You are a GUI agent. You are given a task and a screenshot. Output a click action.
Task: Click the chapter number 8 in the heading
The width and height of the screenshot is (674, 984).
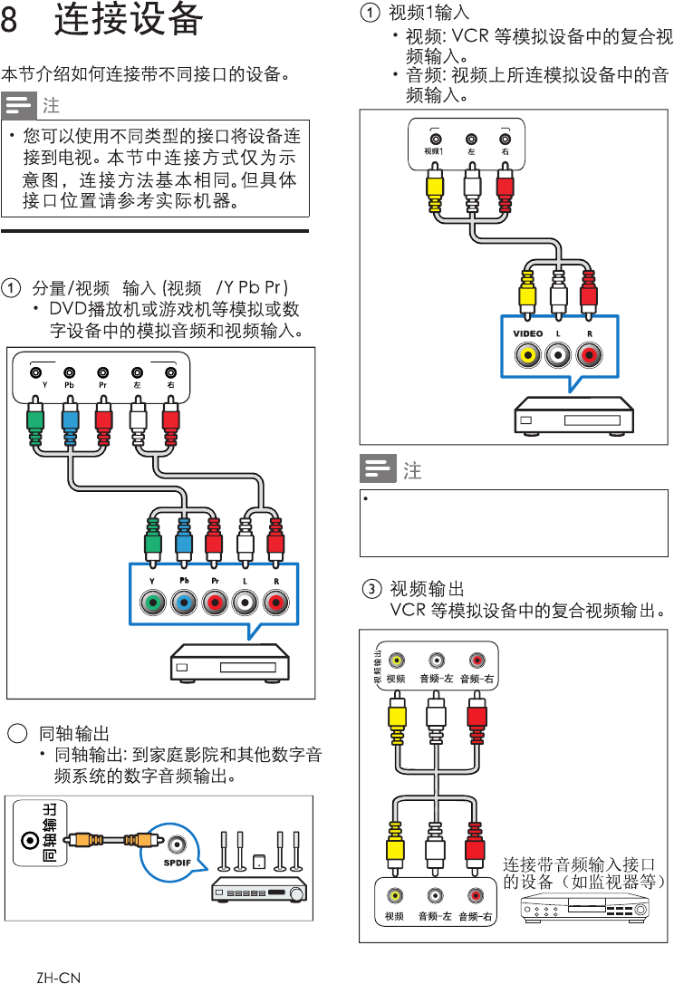click(x=10, y=21)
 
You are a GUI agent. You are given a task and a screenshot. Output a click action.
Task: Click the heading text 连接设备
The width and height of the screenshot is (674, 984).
click(x=128, y=20)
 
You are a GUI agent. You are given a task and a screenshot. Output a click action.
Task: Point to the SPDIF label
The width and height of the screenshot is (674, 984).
click(x=177, y=862)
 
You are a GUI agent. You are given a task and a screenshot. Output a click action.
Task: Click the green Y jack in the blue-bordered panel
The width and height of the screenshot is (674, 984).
click(x=152, y=602)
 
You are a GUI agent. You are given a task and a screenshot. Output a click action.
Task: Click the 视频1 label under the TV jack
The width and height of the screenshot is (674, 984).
click(x=434, y=152)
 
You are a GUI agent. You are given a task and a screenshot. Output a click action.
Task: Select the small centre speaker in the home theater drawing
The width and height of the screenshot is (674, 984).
click(x=259, y=862)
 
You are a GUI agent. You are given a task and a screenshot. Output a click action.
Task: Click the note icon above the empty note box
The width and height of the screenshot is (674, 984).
click(x=376, y=469)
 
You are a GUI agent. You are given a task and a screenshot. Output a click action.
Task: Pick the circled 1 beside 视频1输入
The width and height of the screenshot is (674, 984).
click(x=371, y=13)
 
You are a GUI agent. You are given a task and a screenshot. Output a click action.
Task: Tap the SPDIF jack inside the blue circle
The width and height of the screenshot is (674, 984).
click(x=177, y=844)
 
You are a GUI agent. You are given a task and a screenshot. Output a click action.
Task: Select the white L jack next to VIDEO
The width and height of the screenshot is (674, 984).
click(x=558, y=355)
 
